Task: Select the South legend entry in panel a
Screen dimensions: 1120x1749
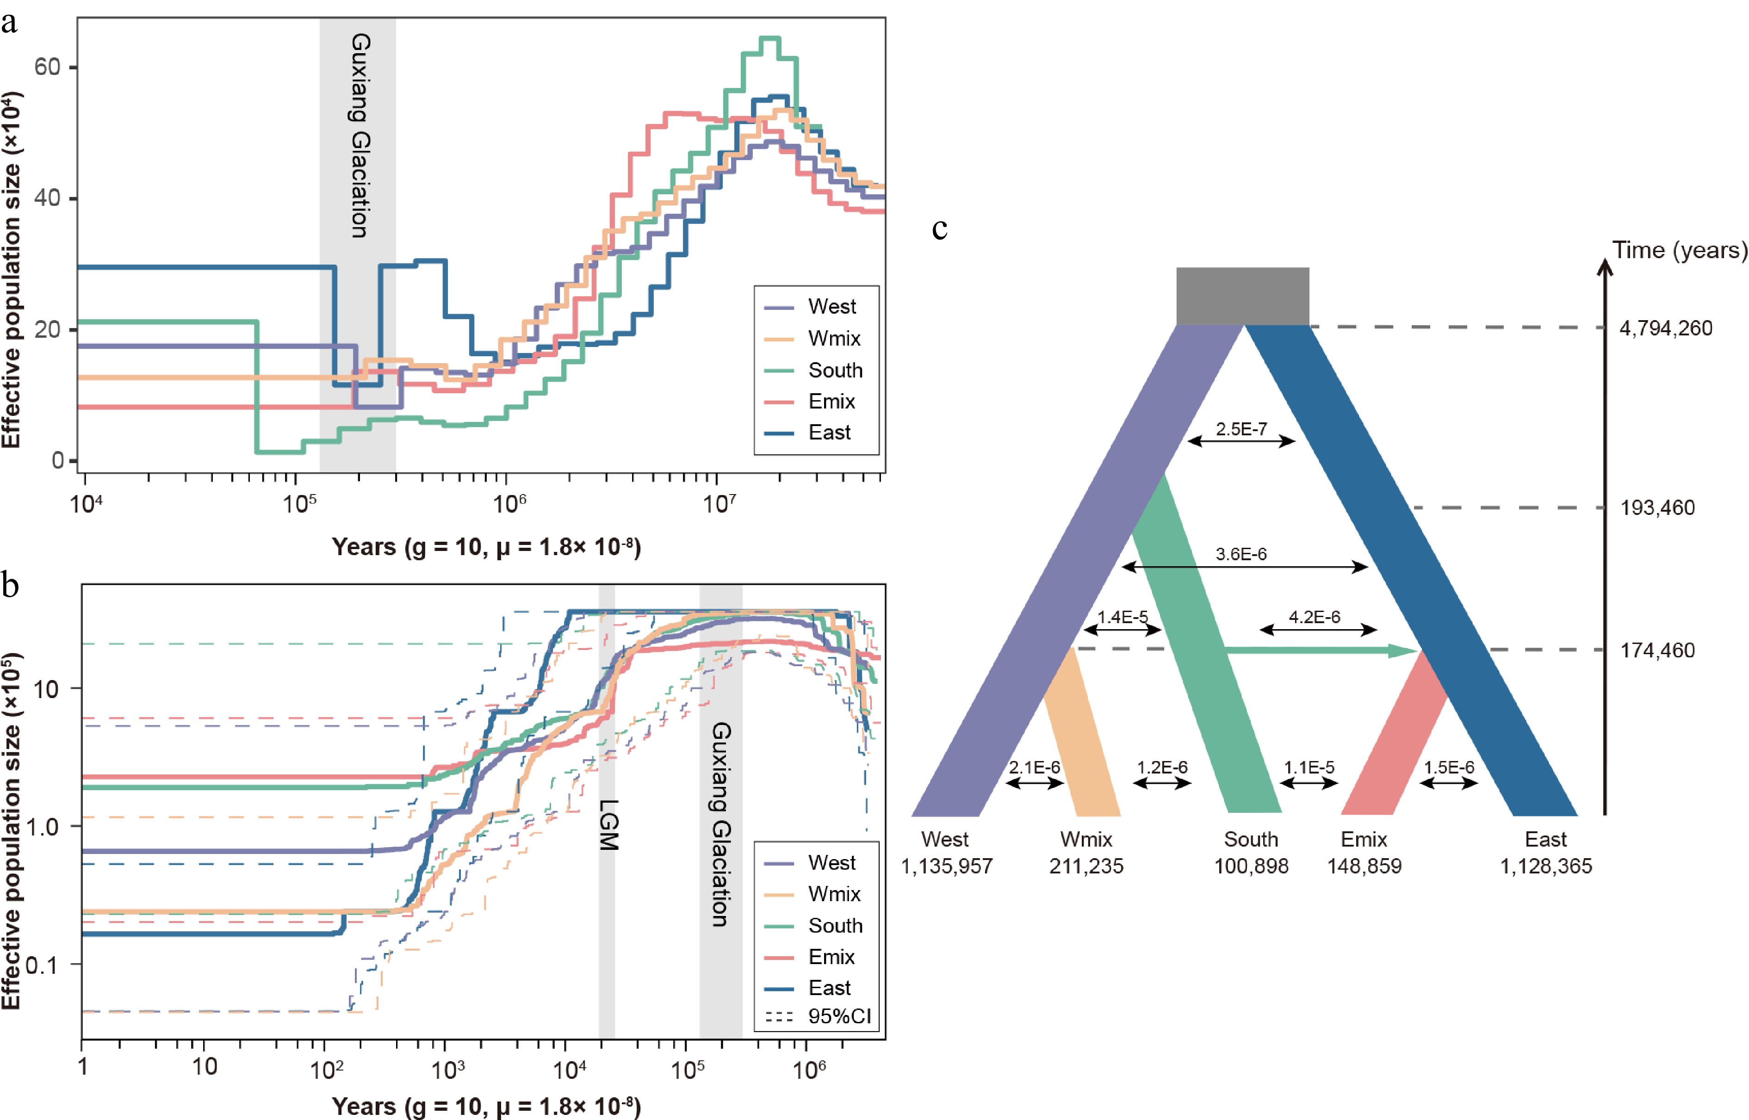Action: point(835,370)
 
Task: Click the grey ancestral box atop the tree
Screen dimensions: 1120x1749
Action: point(1242,296)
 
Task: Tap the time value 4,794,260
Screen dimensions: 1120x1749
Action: point(1665,328)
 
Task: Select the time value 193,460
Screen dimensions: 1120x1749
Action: point(1657,507)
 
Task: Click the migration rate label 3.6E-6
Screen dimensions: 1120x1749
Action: point(1240,554)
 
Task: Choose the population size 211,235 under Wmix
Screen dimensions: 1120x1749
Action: point(1086,866)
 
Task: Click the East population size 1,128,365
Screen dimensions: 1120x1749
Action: point(1546,866)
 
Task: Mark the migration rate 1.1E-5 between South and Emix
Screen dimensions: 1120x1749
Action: point(1309,767)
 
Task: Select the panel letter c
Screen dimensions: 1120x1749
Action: point(940,229)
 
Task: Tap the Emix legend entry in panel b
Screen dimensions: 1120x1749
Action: point(831,956)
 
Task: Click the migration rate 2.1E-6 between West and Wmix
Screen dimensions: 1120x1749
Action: point(1034,767)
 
